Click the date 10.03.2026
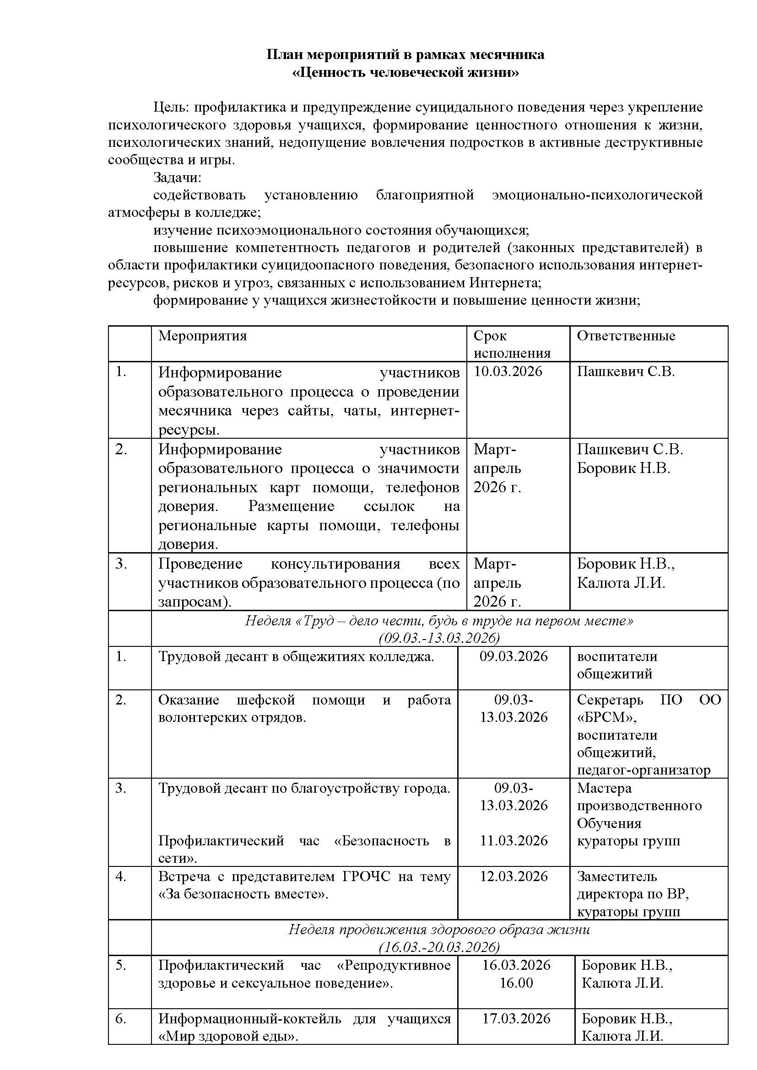tap(508, 372)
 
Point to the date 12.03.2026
tap(514, 876)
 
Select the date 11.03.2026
tap(514, 841)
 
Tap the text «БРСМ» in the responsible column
tap(607, 718)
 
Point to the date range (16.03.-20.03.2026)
tap(439, 948)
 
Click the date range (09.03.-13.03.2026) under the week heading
tap(439, 638)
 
